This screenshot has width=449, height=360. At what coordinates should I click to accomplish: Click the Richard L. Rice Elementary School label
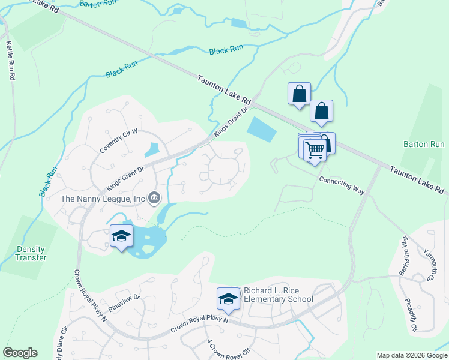point(278,295)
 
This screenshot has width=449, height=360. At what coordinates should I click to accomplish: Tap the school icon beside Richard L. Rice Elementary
point(228,298)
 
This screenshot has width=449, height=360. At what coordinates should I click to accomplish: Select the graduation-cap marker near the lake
point(121,236)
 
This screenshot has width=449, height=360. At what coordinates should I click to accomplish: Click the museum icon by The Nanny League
point(154,197)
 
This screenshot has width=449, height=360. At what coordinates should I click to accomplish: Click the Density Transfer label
point(31,253)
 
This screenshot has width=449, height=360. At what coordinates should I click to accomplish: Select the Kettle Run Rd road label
point(10,61)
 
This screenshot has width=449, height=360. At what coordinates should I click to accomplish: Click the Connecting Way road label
point(342,184)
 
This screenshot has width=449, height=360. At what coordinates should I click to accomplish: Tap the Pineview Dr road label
point(124,304)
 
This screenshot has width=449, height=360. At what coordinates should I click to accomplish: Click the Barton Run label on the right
point(424,145)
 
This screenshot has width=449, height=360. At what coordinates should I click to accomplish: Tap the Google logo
point(20,353)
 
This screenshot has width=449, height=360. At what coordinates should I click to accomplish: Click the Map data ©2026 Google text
point(411,355)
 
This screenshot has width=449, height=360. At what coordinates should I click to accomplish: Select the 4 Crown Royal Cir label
point(229,349)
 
